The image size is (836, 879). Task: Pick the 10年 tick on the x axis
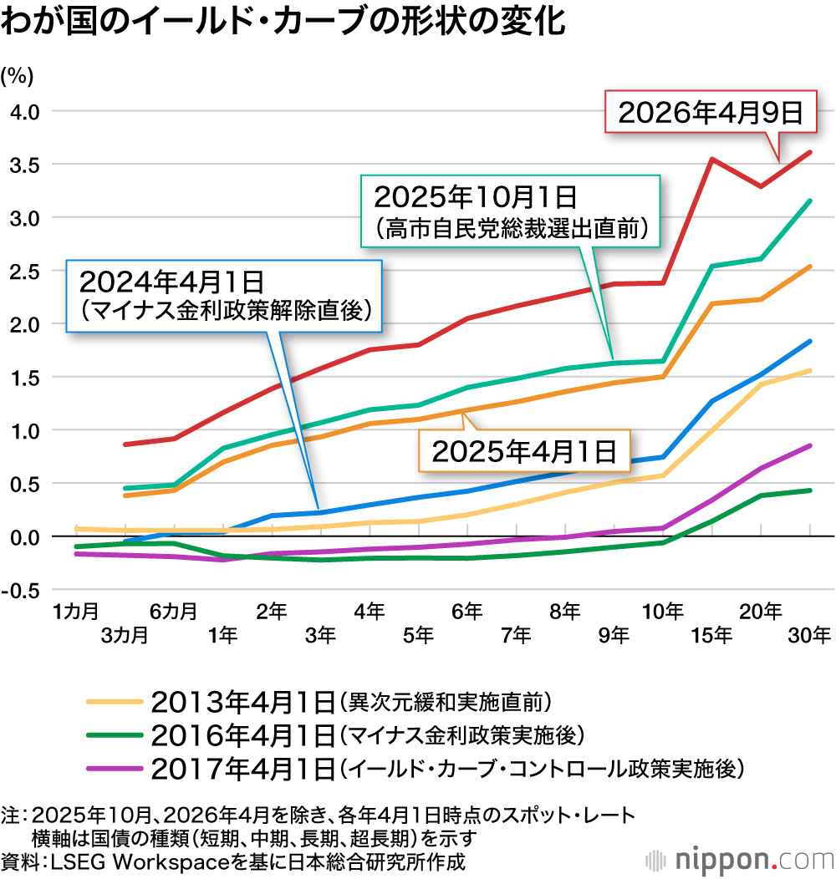(x=662, y=612)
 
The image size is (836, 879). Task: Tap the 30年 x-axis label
(x=809, y=635)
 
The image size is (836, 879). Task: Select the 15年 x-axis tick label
(x=711, y=635)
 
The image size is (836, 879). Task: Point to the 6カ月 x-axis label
(x=174, y=612)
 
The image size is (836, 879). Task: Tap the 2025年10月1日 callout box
(x=512, y=210)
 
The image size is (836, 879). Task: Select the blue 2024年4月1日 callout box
(x=224, y=296)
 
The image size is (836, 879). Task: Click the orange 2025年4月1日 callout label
(x=523, y=451)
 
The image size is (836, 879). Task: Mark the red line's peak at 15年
(x=711, y=159)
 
